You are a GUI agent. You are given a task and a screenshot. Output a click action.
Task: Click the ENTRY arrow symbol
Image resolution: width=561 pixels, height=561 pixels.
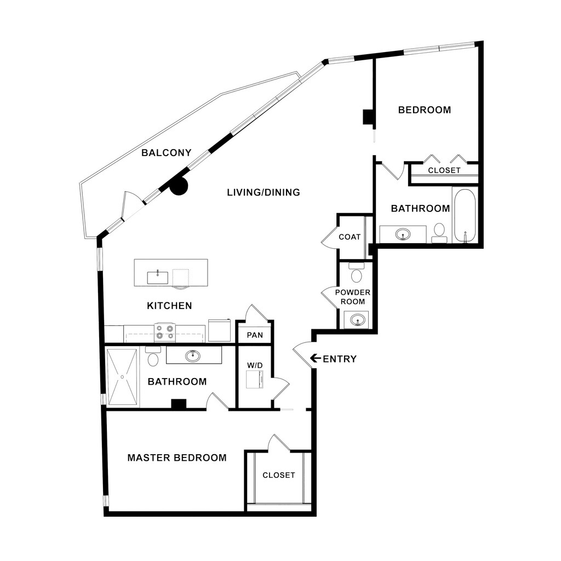coord(315,358)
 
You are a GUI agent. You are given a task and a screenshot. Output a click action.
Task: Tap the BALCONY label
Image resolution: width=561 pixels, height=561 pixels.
coord(167,153)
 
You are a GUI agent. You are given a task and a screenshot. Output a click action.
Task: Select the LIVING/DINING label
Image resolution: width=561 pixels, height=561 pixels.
coord(264,192)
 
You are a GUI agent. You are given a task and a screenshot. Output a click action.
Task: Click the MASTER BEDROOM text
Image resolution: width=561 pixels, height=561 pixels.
coord(177,457)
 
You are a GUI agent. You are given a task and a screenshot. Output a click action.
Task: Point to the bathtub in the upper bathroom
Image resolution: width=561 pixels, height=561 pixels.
coord(465,215)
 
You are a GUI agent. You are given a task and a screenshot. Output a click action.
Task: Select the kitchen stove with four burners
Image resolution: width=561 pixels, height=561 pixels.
coord(164,332)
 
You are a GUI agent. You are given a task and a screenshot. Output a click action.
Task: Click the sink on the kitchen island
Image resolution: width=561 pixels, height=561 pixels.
coord(158,277)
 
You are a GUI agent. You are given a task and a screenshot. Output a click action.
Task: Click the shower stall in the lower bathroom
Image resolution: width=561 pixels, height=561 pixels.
coord(122,377)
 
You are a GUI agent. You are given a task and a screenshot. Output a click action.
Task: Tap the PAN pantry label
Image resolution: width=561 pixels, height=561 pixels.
coord(255,335)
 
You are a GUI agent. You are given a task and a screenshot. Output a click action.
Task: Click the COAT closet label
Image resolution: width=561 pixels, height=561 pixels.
coord(350,237)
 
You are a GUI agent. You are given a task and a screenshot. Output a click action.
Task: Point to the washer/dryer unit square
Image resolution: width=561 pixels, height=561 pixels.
coord(255,379)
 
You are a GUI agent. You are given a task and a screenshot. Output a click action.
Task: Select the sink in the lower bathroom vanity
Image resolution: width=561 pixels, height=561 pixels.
coord(192,356)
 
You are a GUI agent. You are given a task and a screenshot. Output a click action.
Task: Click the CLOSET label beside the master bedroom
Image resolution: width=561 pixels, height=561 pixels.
coord(279,475)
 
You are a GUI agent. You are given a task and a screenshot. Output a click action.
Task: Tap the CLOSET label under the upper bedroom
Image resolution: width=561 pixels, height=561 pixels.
coord(444,170)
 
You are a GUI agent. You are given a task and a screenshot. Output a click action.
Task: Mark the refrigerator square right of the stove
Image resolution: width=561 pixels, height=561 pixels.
coord(220,330)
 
